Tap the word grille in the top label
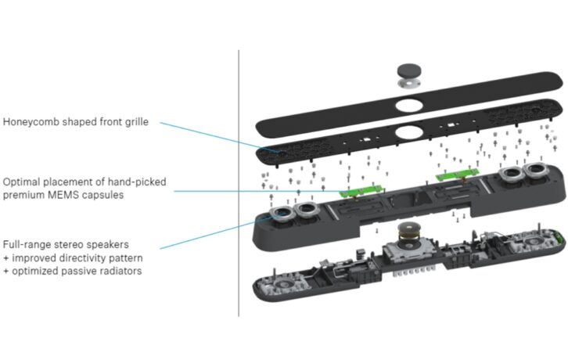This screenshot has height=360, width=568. point(156,122)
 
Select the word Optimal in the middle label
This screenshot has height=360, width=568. point(23,182)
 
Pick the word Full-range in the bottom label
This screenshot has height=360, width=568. point(30,244)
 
